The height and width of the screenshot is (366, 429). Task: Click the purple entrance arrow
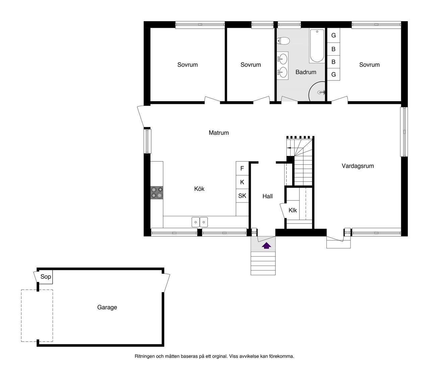[266, 246]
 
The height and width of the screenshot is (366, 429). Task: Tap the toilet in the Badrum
[283, 41]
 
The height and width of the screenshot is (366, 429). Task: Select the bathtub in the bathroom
[317, 46]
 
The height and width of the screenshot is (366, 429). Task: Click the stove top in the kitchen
[157, 193]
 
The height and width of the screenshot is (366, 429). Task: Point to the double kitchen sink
[199, 222]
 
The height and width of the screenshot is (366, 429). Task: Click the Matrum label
[219, 133]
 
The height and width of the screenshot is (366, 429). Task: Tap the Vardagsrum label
[358, 166]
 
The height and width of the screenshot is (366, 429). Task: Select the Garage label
[107, 307]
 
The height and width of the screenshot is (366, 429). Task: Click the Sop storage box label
[46, 277]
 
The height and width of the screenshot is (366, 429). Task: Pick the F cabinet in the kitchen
[242, 168]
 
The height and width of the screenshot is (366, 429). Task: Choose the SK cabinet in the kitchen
[242, 195]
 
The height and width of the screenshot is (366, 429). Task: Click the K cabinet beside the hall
[242, 182]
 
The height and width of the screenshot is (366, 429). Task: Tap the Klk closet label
[293, 210]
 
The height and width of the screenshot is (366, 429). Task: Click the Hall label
[267, 196]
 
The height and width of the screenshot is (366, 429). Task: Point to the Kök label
[199, 189]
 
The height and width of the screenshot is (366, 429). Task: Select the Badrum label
[306, 72]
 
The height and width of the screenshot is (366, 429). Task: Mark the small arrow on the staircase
[289, 148]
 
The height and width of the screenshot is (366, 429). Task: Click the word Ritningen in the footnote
[145, 356]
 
